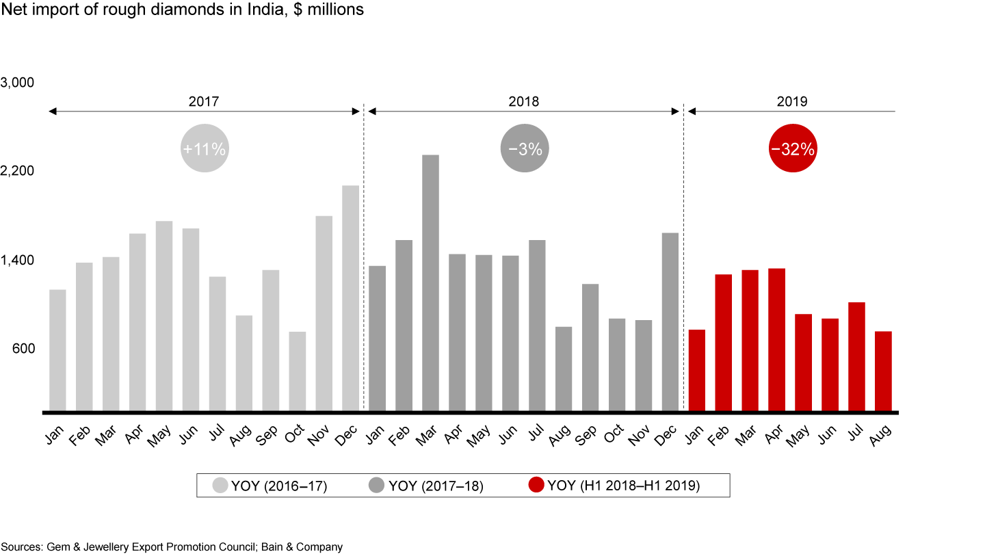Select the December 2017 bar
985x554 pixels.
[x=350, y=298]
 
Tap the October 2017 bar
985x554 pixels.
[x=297, y=371]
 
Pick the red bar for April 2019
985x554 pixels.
[x=776, y=339]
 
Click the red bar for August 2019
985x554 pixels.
[x=883, y=371]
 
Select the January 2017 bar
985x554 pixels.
[x=57, y=350]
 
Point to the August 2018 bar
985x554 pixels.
[x=564, y=369]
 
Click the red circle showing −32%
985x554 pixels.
[x=792, y=149]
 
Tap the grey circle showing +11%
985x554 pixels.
[x=203, y=149]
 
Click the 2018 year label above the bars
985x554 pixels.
[x=523, y=101]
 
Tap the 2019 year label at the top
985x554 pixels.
[x=792, y=101]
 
